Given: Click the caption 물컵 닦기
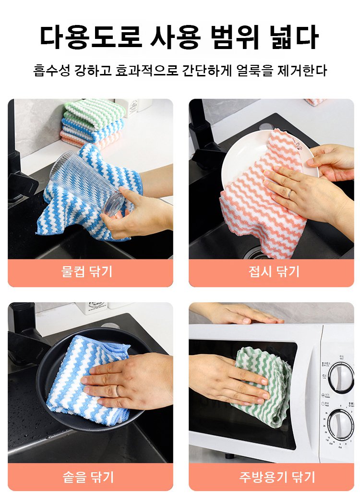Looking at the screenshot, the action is (87, 271).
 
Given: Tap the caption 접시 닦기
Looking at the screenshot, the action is (274, 271).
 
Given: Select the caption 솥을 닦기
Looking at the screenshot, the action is (88, 477).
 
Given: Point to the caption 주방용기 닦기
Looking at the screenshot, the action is (277, 477).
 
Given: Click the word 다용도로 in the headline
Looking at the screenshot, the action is (91, 37).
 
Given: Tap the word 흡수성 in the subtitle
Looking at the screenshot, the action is (52, 70).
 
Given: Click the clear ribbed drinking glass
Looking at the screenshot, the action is (87, 183).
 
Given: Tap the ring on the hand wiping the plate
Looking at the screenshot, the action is (290, 194).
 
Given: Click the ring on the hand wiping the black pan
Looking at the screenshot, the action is (118, 391).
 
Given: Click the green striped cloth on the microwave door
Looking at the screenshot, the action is (264, 386).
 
